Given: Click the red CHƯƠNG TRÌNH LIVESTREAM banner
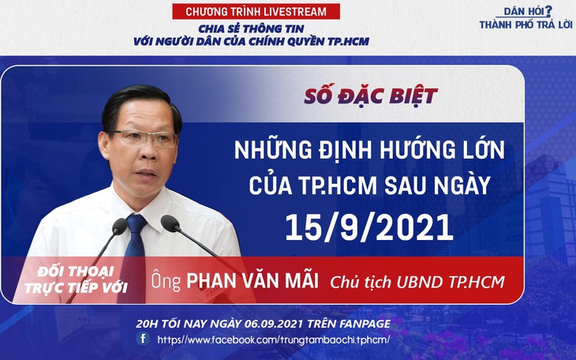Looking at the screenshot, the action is click(x=256, y=11).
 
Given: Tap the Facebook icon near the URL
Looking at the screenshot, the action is click(x=143, y=339).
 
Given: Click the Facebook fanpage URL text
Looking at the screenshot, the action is click(x=273, y=339).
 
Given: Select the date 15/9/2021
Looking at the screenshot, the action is click(x=369, y=227).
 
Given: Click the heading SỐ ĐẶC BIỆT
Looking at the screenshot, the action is click(x=371, y=96).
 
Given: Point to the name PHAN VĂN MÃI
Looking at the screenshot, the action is click(x=252, y=280).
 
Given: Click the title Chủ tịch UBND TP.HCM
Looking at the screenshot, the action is click(x=417, y=282).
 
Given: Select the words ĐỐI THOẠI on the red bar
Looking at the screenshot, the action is click(x=76, y=272).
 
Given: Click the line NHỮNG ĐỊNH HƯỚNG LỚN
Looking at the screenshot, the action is click(x=369, y=150).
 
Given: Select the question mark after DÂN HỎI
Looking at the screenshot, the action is click(x=548, y=10).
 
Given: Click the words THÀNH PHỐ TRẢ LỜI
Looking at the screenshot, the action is click(x=526, y=24).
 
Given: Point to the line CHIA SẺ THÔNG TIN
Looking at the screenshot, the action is click(x=251, y=28).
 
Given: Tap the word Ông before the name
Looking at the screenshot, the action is click(x=166, y=280).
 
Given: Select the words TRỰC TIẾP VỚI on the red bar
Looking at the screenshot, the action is click(x=77, y=287).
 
